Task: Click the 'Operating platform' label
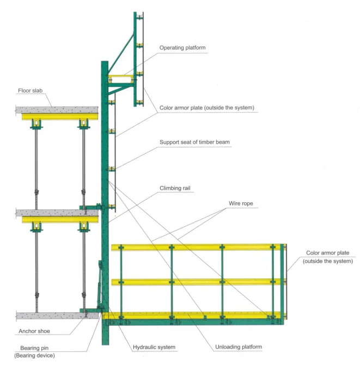[x=182, y=48]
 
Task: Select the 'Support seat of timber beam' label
[x=194, y=143]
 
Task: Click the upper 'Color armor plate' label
[x=206, y=108]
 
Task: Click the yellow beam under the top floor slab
[x=60, y=116]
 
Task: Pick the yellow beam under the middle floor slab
[x=60, y=219]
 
